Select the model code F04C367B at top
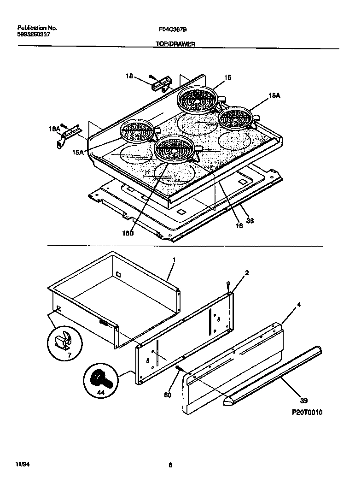(x=173, y=29)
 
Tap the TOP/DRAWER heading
(x=174, y=44)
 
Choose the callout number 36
(x=250, y=220)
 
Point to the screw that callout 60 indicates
(x=179, y=368)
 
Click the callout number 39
(x=303, y=401)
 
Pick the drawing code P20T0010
(x=307, y=413)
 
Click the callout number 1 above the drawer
(x=174, y=260)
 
